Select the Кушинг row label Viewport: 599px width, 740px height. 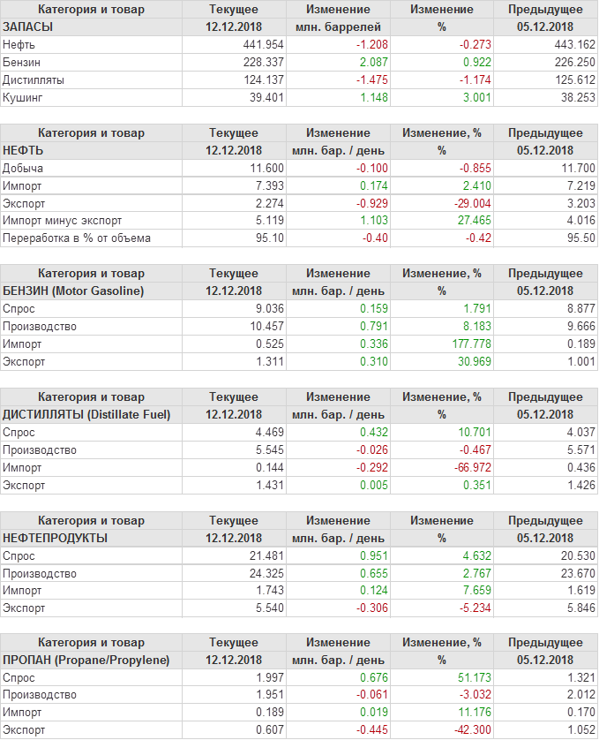23,98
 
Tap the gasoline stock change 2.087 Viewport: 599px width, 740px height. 370,63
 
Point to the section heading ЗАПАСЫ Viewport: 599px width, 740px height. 28,27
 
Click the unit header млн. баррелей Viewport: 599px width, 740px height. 338,27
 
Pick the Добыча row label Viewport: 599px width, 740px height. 23,168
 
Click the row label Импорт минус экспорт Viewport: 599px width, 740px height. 63,221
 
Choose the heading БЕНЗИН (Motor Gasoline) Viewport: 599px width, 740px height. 73,291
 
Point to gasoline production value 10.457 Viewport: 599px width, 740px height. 266,326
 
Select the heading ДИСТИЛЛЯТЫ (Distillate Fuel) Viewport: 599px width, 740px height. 86,414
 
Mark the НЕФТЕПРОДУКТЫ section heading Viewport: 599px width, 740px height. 56,538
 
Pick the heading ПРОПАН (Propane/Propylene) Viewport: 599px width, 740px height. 86,661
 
